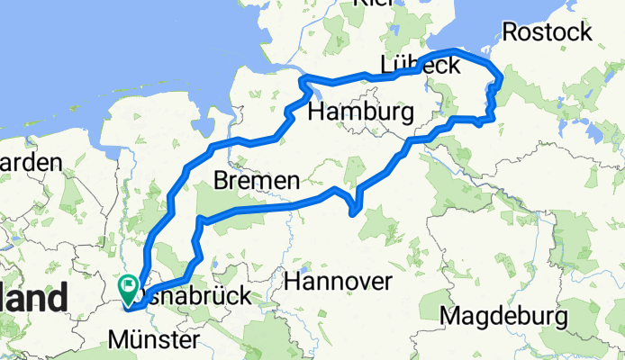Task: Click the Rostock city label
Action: [547, 32]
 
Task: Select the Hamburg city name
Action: [360, 112]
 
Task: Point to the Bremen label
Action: [256, 182]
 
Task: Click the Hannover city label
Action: [338, 282]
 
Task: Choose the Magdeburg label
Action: [503, 317]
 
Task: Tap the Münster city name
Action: [153, 341]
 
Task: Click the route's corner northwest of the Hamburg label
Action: [301, 76]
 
